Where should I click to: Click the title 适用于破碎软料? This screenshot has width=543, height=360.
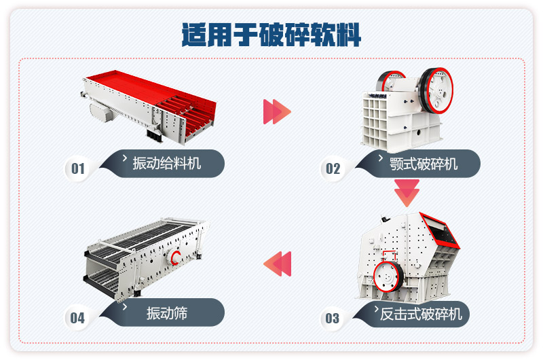point(271,34)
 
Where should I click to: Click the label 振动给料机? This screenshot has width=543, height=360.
point(166,163)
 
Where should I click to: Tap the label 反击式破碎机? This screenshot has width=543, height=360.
point(420,313)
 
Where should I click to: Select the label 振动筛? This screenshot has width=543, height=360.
point(166,313)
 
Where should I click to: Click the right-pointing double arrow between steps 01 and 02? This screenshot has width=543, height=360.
point(276,111)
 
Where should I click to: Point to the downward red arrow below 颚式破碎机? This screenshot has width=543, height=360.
point(407,193)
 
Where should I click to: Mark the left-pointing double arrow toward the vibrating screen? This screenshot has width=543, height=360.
point(277,264)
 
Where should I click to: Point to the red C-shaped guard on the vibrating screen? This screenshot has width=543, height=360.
point(176,258)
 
